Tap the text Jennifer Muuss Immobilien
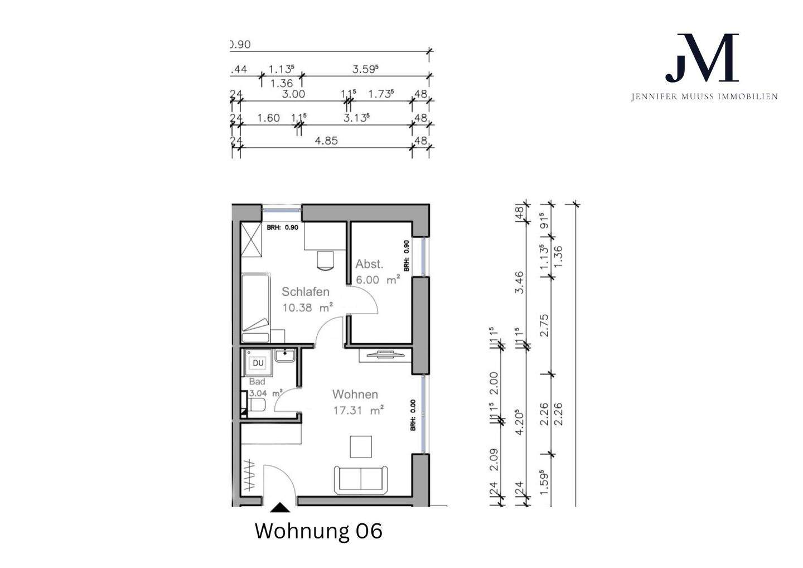coord(704,97)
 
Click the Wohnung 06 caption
coord(318,531)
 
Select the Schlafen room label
coord(305,291)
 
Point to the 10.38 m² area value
coord(307,307)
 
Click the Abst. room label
coord(369,264)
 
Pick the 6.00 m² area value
coord(378,280)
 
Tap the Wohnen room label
coord(355,394)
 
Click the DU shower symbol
coord(258,363)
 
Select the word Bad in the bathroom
coord(257,382)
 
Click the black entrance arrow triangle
coord(280,507)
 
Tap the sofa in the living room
coord(361,479)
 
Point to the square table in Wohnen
coord(361,446)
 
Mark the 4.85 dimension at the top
coord(326,141)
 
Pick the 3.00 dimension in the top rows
coord(293,94)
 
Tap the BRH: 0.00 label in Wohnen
coord(413,416)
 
